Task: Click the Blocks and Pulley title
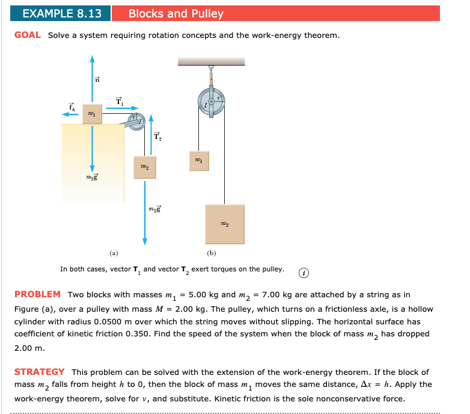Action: pyautogui.click(x=175, y=14)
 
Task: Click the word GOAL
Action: pyautogui.click(x=28, y=35)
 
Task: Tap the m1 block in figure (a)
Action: pyautogui.click(x=92, y=113)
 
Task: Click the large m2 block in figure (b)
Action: pyautogui.click(x=224, y=224)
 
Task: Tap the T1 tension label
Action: pyautogui.click(x=119, y=102)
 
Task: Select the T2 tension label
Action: pyautogui.click(x=158, y=137)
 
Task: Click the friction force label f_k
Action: pyautogui.click(x=71, y=107)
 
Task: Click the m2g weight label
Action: pyautogui.click(x=154, y=209)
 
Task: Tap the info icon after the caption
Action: pyautogui.click(x=304, y=271)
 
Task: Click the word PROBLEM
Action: pyautogui.click(x=37, y=294)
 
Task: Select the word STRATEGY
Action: pyautogui.click(x=39, y=372)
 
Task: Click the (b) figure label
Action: pyautogui.click(x=212, y=253)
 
